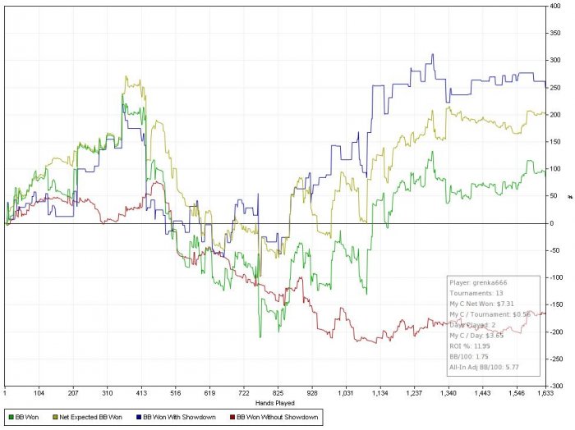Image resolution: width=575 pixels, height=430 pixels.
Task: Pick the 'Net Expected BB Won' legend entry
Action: pyautogui.click(x=85, y=418)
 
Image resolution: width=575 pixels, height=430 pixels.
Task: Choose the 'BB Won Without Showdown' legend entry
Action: pyautogui.click(x=279, y=418)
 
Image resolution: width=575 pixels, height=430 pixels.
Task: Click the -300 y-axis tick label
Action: pyautogui.click(x=558, y=386)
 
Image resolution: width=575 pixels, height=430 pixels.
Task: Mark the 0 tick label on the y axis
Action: pyautogui.click(x=553, y=223)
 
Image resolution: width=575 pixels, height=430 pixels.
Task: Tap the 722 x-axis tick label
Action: pyautogui.click(x=243, y=394)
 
